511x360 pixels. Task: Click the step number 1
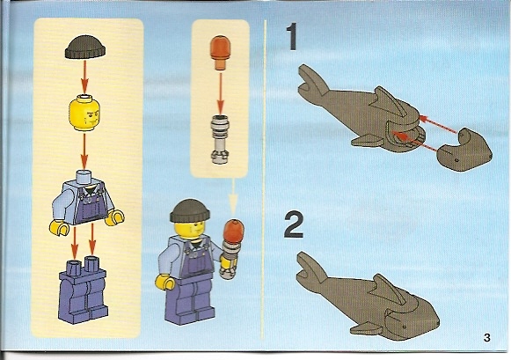[x=292, y=36]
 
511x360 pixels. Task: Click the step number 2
[x=294, y=224]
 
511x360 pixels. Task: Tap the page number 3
[x=487, y=337]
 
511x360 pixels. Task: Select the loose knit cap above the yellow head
[x=85, y=48]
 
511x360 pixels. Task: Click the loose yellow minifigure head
[x=84, y=113]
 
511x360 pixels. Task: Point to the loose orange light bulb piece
[x=220, y=52]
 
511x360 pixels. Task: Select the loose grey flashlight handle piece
[x=220, y=139]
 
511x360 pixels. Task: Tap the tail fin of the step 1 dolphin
[x=312, y=81]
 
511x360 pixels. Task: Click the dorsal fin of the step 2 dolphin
[x=389, y=288]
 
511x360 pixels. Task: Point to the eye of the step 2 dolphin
[x=405, y=327]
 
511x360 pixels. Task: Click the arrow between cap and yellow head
[x=84, y=77]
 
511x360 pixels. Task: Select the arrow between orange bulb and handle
[x=221, y=92]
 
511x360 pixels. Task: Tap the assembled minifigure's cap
[x=190, y=211]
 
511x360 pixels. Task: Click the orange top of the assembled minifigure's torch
[x=233, y=231]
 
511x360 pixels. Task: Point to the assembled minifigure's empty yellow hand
[x=164, y=282]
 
